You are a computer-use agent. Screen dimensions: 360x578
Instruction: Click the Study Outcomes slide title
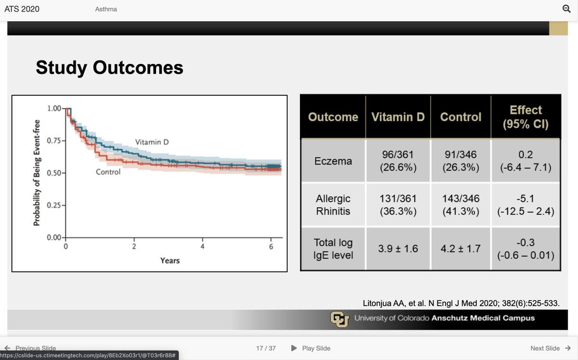[109, 67]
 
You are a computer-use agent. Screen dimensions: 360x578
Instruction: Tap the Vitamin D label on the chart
[152, 142]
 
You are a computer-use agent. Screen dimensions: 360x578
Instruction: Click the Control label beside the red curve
[108, 172]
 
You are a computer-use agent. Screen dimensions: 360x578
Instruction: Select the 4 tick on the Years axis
[202, 247]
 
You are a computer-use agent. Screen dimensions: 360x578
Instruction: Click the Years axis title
[170, 260]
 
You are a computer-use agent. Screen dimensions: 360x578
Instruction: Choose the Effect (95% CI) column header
[525, 117]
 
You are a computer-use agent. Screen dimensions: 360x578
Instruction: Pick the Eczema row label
[333, 161]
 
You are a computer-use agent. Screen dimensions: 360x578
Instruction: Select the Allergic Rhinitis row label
[333, 205]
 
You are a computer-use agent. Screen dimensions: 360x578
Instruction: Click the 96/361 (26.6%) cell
[398, 161]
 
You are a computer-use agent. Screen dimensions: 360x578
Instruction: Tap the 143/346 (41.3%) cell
[461, 205]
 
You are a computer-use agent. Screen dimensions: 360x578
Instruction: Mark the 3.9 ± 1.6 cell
[398, 249]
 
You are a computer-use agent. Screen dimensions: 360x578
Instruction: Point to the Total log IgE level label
[333, 249]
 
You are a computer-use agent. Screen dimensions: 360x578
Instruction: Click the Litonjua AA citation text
[460, 303]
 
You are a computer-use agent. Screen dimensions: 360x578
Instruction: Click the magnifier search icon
[566, 9]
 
